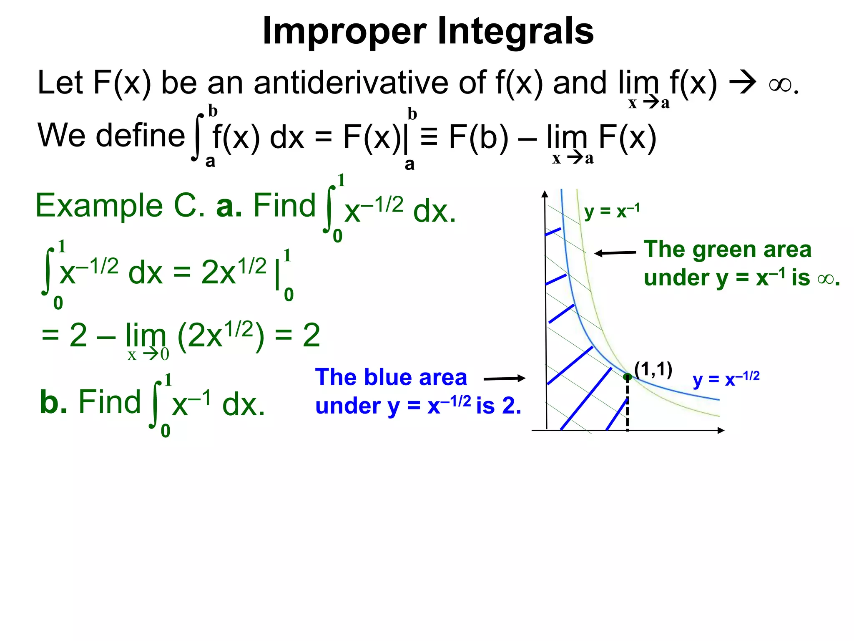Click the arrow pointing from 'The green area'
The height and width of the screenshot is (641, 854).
tap(615, 253)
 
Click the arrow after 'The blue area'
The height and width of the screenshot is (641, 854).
tap(505, 379)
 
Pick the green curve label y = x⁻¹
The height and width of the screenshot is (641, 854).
tap(611, 212)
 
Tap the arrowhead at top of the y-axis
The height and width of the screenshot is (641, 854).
tap(545, 194)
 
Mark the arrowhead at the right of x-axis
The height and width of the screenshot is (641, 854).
tap(721, 430)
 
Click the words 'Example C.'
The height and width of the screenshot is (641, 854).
tap(120, 206)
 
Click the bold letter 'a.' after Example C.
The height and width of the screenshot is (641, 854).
tap(229, 206)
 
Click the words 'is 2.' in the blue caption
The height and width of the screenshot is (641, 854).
tap(499, 406)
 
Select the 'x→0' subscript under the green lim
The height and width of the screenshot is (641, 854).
tap(148, 355)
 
